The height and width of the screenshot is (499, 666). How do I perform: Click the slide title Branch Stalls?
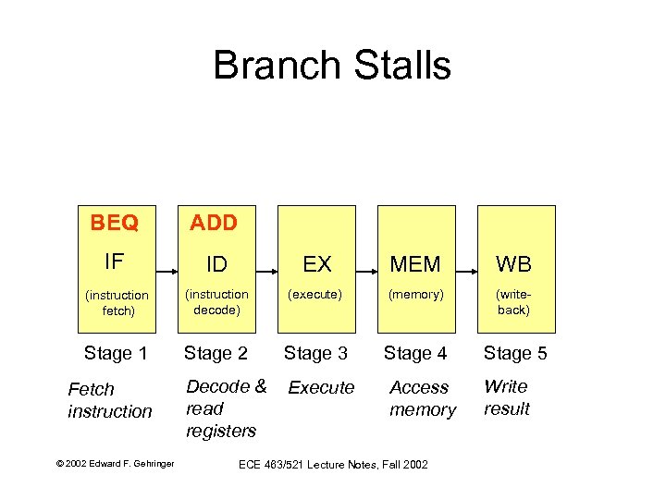pos(332,66)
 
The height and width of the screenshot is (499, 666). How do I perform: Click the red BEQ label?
pos(115,223)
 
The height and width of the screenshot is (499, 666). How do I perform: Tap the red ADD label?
pos(214,223)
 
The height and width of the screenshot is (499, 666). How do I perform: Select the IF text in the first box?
pos(115,262)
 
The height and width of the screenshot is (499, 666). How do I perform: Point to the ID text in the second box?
pos(216,264)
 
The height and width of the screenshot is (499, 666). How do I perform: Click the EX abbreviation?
pos(316,264)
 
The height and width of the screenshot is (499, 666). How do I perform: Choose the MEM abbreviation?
pos(415,264)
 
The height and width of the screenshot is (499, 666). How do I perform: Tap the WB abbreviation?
pos(513,264)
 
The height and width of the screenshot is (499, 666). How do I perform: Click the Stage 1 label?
pos(116,353)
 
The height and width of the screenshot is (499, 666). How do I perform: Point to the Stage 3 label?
pos(315,353)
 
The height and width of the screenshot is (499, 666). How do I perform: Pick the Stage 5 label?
pos(515,353)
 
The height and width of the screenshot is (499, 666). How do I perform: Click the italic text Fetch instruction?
pos(109,400)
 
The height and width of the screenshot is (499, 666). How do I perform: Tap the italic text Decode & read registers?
pos(226,408)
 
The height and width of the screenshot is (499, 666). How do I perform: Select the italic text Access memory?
pos(422,398)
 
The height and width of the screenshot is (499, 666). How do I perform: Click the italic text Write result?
pos(506,397)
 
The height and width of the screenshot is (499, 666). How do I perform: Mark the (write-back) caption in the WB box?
pos(513,302)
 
